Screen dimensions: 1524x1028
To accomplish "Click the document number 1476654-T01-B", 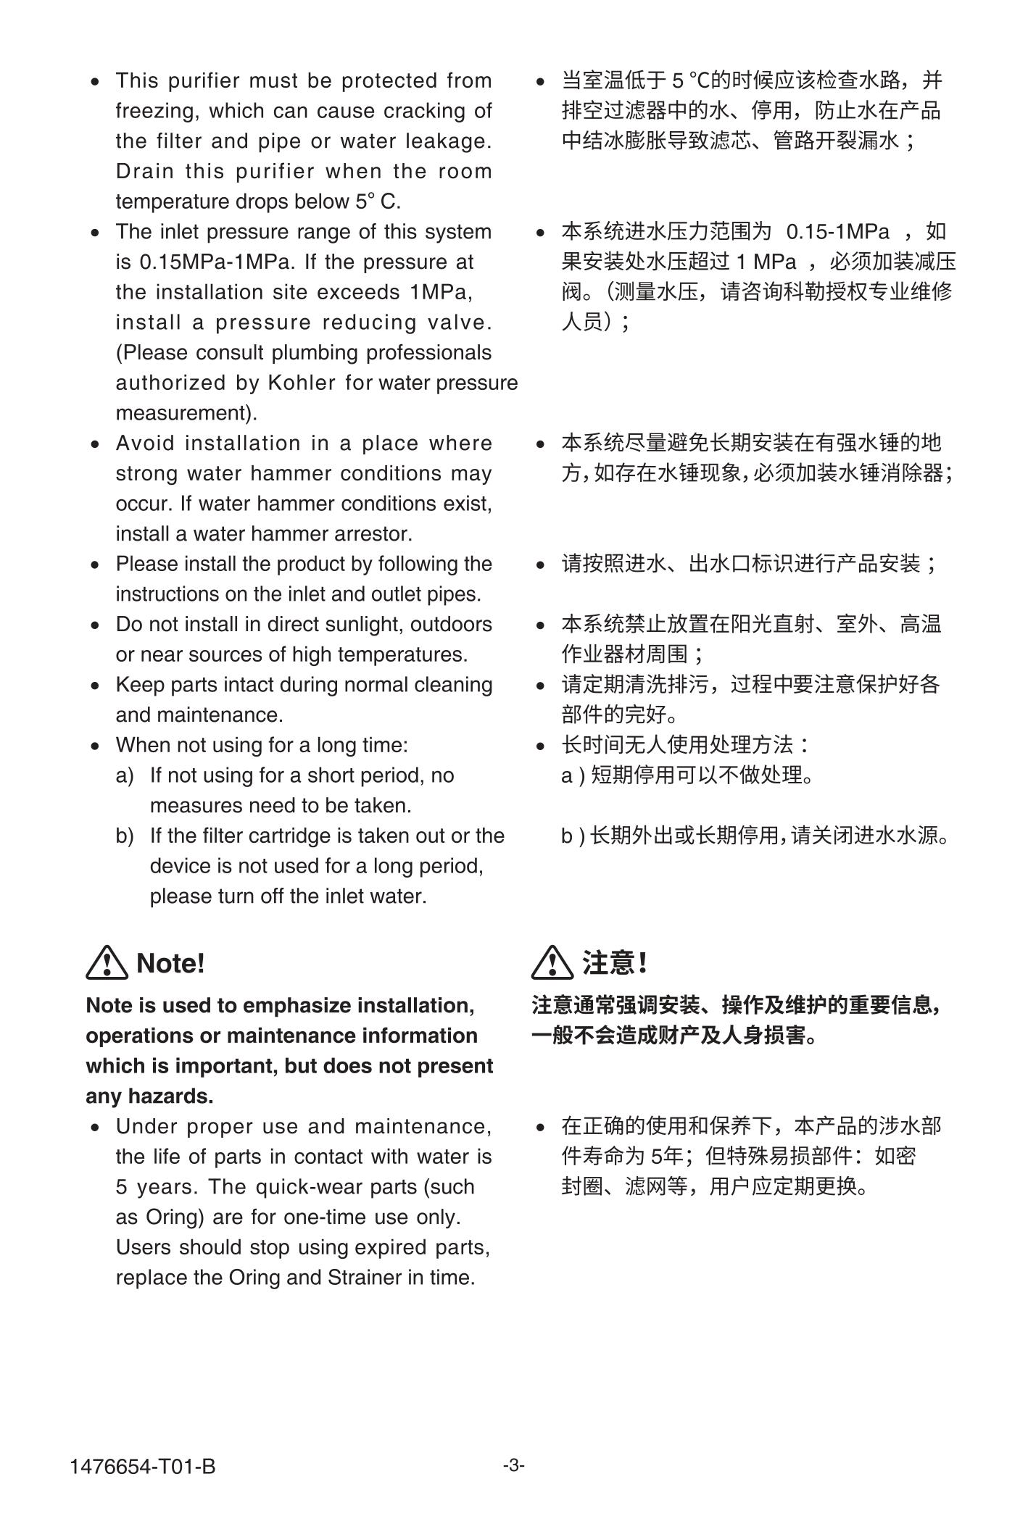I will [143, 1466].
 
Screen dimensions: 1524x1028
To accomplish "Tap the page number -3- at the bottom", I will [514, 1465].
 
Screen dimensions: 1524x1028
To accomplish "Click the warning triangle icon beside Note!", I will [107, 962].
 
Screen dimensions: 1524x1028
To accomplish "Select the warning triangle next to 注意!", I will [552, 962].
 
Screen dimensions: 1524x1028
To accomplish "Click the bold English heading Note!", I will [170, 963].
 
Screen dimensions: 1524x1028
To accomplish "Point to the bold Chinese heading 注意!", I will [615, 963].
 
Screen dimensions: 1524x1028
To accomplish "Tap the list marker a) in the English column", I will [125, 775].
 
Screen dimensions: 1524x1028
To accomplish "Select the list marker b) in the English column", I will [125, 836].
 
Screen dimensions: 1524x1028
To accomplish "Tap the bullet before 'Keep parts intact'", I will [96, 686].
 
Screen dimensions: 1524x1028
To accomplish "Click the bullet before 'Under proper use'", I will [96, 1128].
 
